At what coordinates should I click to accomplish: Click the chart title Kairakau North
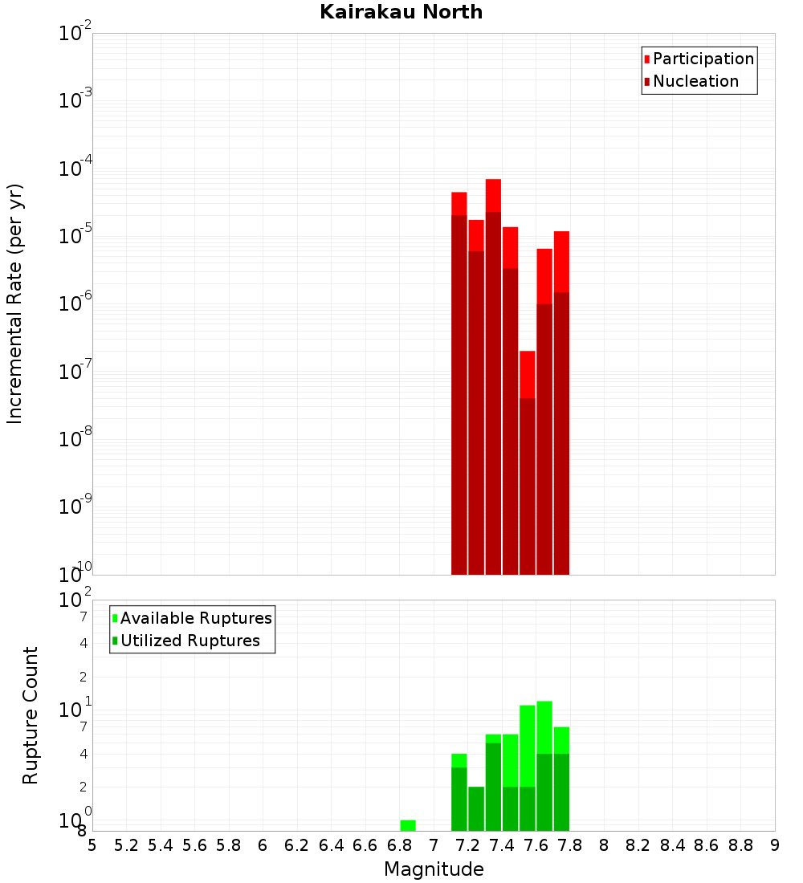coord(401,12)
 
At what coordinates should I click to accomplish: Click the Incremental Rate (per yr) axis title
coord(15,303)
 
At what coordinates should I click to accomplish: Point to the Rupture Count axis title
coord(31,715)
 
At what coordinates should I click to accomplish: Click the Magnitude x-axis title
coord(434,869)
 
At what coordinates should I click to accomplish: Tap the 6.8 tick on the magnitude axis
coord(399,845)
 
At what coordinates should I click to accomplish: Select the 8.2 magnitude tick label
coord(638,845)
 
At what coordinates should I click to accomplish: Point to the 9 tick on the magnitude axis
coord(775,845)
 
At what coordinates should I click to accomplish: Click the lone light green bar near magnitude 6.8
coord(408,825)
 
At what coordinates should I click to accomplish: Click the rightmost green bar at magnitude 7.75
coord(561,779)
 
